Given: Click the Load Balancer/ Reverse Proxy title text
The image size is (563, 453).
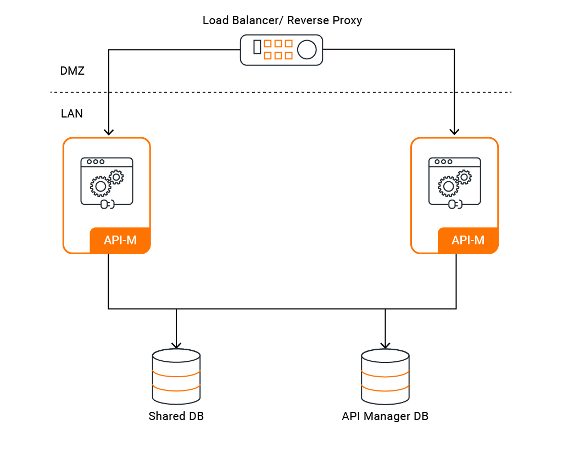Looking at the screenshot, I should (x=282, y=21).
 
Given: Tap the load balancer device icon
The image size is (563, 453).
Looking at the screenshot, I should (x=281, y=50).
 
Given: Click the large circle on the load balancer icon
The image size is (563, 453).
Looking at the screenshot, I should (x=306, y=50).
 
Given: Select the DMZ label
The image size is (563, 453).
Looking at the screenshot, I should (x=72, y=71).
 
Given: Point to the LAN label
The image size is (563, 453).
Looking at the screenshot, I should (x=72, y=114).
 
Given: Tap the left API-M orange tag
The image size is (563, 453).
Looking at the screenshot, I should (x=120, y=241).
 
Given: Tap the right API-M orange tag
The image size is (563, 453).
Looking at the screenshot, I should (x=468, y=241).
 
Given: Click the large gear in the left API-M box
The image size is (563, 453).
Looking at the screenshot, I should (x=101, y=187).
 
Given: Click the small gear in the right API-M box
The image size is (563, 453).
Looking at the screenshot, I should (x=464, y=176).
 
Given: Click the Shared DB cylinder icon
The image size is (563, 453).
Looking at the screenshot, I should (x=176, y=377).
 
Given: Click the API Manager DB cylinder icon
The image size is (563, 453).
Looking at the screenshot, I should (x=385, y=377).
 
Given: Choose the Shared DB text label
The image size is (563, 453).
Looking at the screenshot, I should (x=176, y=416).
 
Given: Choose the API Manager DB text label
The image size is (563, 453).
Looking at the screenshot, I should (x=385, y=416).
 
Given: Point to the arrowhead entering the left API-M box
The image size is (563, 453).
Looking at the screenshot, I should (x=109, y=132).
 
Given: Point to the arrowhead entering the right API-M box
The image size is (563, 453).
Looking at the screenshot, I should (x=454, y=132).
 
